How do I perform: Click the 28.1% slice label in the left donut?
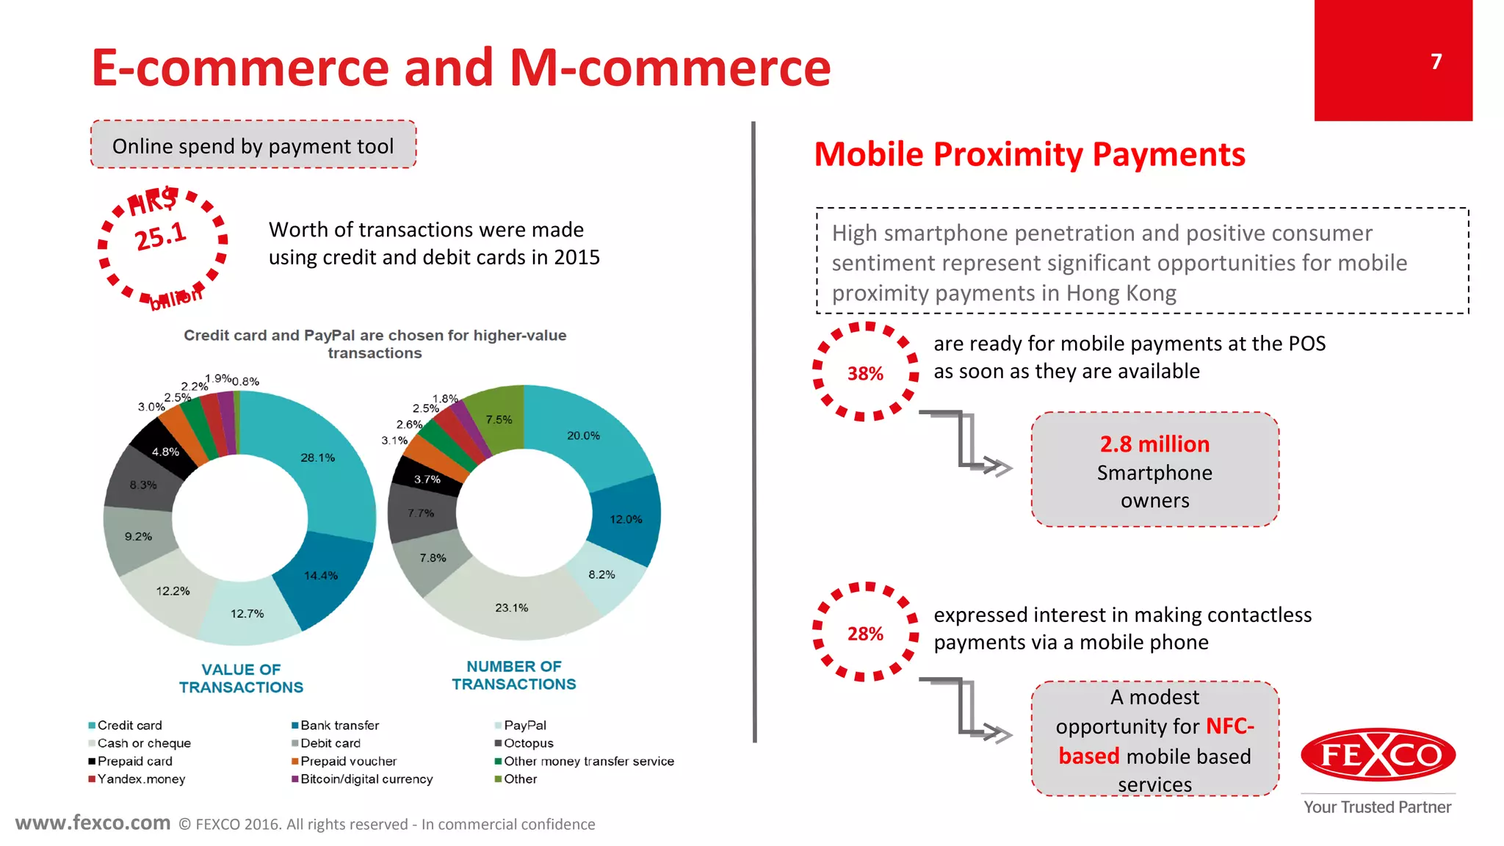tap(317, 458)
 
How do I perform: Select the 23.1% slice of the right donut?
tap(512, 607)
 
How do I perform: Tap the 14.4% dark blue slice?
tap(321, 576)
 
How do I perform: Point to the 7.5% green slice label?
tap(499, 419)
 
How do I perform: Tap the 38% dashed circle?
tap(865, 373)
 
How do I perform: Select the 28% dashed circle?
tap(865, 633)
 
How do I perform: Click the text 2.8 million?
tap(1154, 444)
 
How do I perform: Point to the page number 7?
tap(1436, 62)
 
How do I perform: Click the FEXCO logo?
tap(1378, 755)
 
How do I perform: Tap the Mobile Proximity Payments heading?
tap(1030, 155)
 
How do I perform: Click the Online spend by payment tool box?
tap(253, 145)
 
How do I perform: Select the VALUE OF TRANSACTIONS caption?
tap(241, 679)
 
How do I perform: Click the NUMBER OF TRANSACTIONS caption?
tap(513, 676)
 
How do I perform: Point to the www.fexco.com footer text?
tap(93, 823)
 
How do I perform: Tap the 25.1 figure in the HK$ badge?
tap(161, 236)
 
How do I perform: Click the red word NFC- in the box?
tap(1229, 726)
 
